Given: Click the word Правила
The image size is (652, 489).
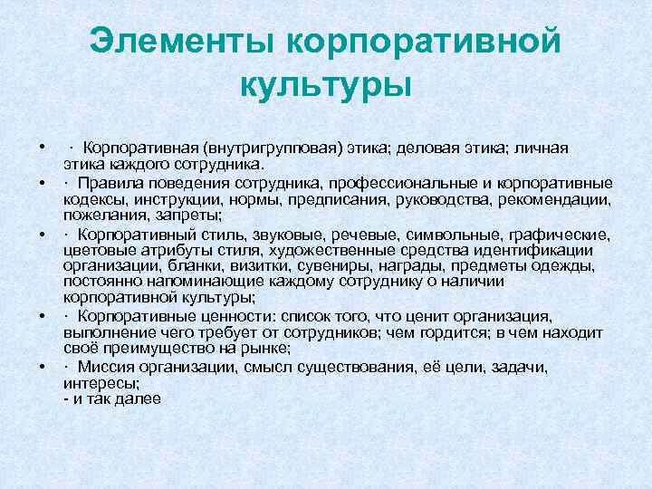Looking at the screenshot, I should point(111,182).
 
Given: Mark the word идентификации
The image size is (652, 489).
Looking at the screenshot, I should point(541,250).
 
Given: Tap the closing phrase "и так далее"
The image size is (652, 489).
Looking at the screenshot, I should point(112,399).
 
